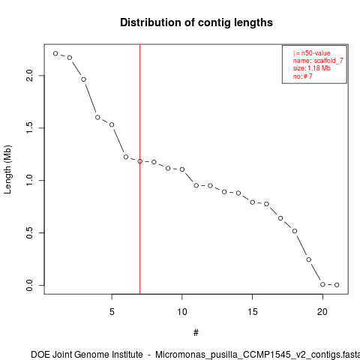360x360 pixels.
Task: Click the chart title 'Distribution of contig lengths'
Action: tap(196, 22)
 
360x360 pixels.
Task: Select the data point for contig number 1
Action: tap(55, 53)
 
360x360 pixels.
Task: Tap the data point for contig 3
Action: tap(84, 79)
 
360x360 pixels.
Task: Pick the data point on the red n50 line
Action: tap(139, 161)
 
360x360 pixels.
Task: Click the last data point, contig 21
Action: tap(337, 285)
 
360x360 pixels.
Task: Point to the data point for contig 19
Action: tap(309, 259)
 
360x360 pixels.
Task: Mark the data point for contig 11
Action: tap(196, 185)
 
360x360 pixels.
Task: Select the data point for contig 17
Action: tap(280, 218)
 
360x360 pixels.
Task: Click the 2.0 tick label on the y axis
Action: tap(29, 76)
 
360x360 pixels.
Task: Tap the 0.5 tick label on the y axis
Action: tap(29, 232)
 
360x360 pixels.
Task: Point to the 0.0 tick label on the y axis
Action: tap(29, 285)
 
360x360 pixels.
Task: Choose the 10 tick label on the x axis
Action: tap(182, 312)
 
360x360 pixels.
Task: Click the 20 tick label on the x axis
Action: tap(322, 312)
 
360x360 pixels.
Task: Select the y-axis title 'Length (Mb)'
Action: tap(7, 169)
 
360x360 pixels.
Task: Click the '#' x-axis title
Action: tap(196, 333)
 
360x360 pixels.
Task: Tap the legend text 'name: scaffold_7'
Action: tap(318, 61)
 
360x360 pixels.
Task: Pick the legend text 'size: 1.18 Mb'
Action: tap(312, 68)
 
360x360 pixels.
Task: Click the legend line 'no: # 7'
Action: tap(303, 76)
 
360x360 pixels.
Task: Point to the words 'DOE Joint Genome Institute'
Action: tap(87, 355)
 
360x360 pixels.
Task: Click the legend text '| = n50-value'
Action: tap(312, 53)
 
